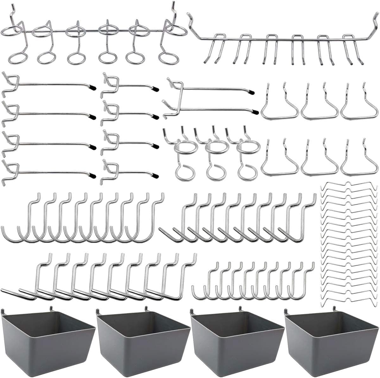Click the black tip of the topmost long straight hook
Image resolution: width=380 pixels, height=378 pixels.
(x=92, y=87)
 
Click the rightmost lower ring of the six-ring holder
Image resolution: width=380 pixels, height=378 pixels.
(x=167, y=58)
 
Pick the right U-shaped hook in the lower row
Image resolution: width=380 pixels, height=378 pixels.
(x=359, y=160)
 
